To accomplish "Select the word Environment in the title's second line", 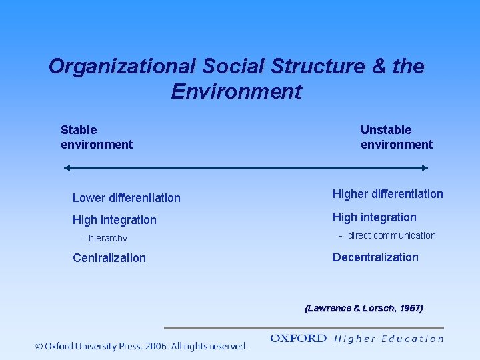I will click(x=236, y=91).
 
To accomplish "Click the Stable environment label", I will click(x=96, y=137).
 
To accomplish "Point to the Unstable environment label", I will click(x=396, y=137).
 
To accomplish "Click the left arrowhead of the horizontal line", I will click(x=67, y=168).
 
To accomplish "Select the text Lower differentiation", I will click(x=126, y=198).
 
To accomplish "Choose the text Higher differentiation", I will click(x=387, y=194).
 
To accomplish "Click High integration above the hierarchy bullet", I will click(x=114, y=220).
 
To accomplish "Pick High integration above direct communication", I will click(x=374, y=217).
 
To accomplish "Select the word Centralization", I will click(x=109, y=258).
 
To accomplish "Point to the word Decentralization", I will click(x=375, y=257).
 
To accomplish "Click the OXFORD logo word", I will click(x=298, y=339).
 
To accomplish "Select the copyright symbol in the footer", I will click(x=40, y=346).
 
